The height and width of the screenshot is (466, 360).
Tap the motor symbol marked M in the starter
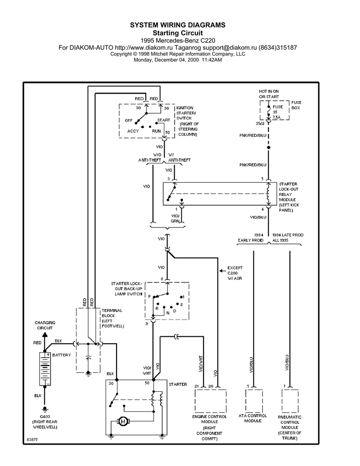pyautogui.click(x=122, y=422)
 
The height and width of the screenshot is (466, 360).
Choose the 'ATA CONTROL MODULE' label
pyautogui.click(x=253, y=418)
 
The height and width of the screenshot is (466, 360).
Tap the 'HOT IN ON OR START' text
pyautogui.click(x=269, y=94)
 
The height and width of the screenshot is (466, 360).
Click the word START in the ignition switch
pyautogui.click(x=163, y=121)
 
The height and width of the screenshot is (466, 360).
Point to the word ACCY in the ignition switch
pyautogui.click(x=133, y=131)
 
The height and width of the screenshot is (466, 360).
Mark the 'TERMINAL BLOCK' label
pyautogui.click(x=111, y=318)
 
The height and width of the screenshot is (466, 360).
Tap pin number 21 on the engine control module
pyautogui.click(x=197, y=386)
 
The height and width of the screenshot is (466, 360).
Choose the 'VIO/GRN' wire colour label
pyautogui.click(x=175, y=218)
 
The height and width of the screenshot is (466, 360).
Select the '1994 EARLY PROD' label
pyautogui.click(x=250, y=237)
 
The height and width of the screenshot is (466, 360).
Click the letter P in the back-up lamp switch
pyautogui.click(x=149, y=296)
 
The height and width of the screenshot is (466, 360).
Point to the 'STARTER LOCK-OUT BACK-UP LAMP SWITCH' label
pyautogui.click(x=127, y=288)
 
